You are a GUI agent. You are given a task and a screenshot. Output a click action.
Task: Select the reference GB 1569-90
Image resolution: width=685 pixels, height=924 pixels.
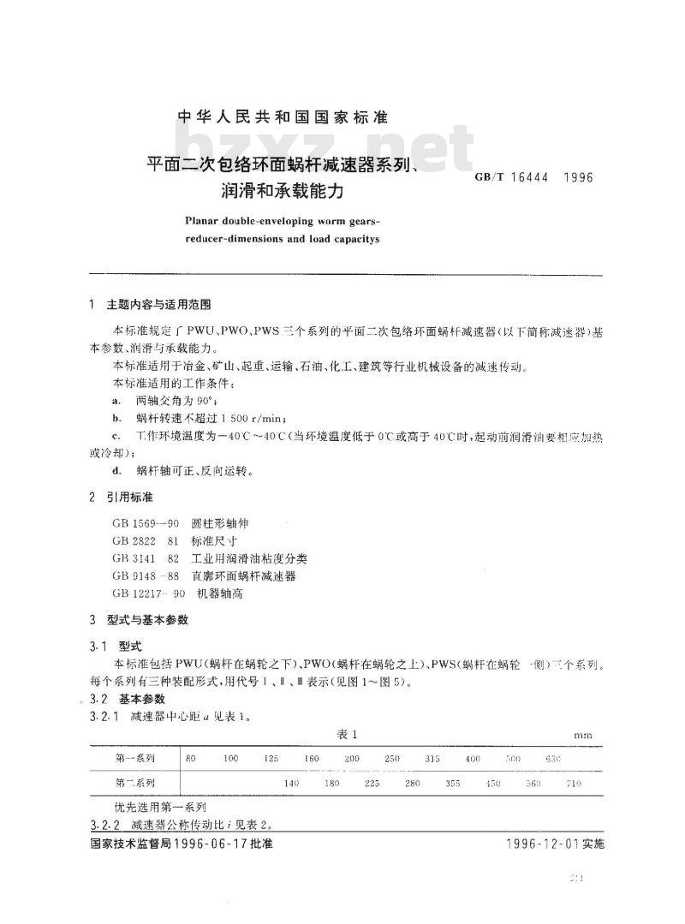[145, 522]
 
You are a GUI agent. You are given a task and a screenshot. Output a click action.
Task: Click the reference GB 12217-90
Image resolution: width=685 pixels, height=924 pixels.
[146, 593]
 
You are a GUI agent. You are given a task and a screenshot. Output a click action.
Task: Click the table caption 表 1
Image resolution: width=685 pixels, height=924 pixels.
[345, 734]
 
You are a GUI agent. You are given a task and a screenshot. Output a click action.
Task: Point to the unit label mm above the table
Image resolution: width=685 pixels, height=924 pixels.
[583, 736]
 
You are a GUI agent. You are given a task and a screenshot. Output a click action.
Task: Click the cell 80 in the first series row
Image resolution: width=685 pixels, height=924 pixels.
[191, 760]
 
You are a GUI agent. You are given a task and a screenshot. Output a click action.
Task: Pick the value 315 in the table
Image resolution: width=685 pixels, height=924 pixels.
[432, 760]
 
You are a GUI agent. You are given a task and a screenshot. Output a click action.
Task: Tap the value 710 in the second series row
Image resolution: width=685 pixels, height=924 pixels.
[574, 784]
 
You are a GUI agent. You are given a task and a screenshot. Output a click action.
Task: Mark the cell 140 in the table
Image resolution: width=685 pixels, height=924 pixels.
[292, 784]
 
